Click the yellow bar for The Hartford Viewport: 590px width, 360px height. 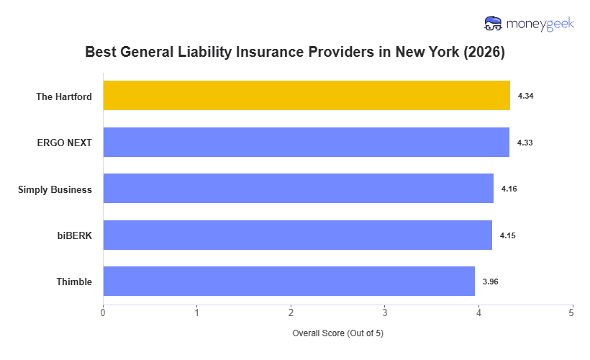[x=307, y=96]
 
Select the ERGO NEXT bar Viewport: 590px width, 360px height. [x=306, y=143]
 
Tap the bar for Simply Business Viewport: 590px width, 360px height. [x=298, y=189]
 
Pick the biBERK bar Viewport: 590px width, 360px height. [x=297, y=235]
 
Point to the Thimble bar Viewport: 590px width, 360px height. [x=289, y=282]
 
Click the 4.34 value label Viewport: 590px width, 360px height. [x=526, y=96]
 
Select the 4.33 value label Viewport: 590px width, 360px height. [x=525, y=143]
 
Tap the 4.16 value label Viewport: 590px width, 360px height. [x=509, y=189]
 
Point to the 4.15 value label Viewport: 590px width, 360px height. [x=508, y=235]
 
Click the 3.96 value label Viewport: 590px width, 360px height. [x=491, y=282]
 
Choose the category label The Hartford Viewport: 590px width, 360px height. [x=64, y=96]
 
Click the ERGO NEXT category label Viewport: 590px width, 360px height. [x=65, y=143]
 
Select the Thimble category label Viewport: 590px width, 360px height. [x=74, y=282]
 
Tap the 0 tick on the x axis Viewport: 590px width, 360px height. [x=103, y=312]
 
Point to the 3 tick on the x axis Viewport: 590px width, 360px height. [x=385, y=312]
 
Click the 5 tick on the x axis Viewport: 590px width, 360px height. [x=572, y=312]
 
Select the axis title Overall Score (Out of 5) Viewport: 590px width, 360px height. [x=337, y=334]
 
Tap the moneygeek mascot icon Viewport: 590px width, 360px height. [x=494, y=24]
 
